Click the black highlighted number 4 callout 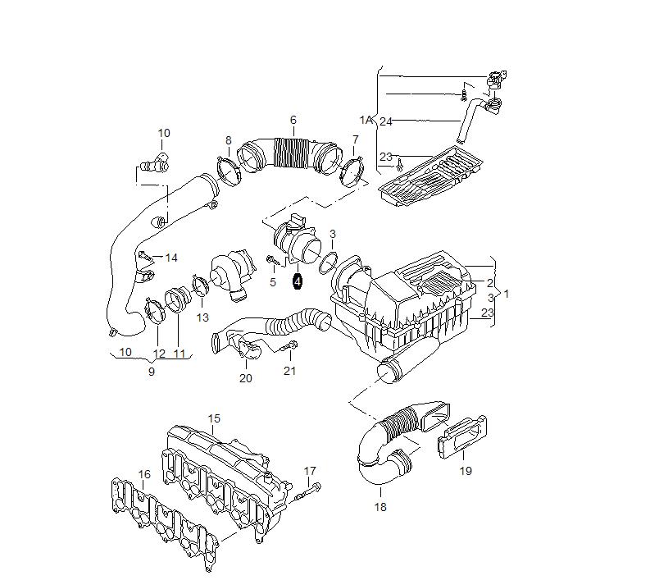coord(298,281)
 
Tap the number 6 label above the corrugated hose coord(293,120)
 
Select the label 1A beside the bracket coord(366,121)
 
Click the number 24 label coord(386,121)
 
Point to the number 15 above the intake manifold coord(214,418)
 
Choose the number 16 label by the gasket coord(143,474)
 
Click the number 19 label coord(466,471)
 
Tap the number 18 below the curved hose coord(380,507)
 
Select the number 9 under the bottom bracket coord(152,372)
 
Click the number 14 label coord(171,258)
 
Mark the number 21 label coord(290,371)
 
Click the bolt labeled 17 coord(308,491)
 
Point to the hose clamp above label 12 coord(155,310)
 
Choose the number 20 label coord(246,378)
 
